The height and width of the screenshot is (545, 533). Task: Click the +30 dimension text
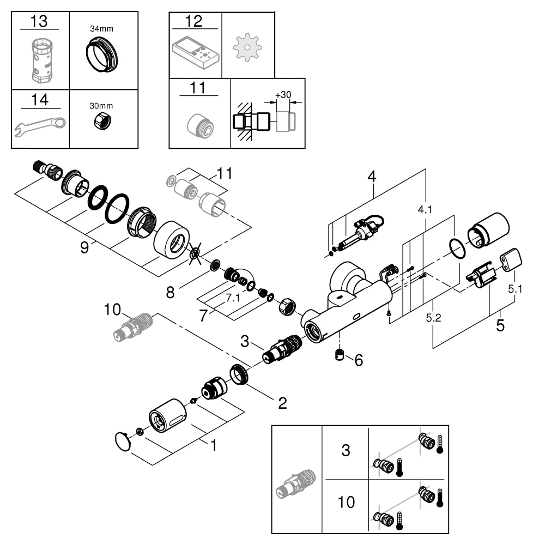pos(283,95)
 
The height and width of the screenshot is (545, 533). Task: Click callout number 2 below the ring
pos(282,403)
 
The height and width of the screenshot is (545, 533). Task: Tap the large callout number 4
pos(372,177)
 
